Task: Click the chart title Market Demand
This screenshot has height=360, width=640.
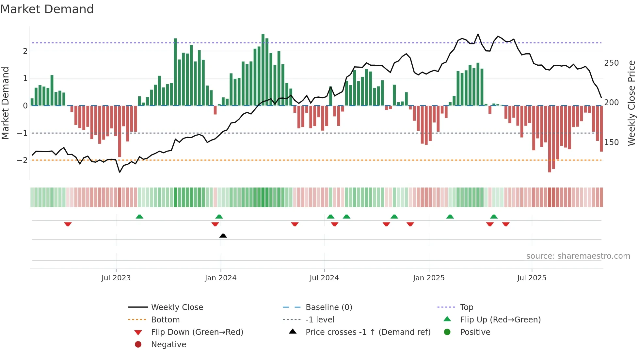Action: (x=47, y=9)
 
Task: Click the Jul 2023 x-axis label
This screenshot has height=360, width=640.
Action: (x=116, y=278)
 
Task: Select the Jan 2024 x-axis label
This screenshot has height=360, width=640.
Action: (x=220, y=278)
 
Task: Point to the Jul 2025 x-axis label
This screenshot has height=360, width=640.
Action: (x=532, y=278)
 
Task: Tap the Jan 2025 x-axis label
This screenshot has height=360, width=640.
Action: (x=429, y=278)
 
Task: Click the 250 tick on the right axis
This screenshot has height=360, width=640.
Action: (x=611, y=63)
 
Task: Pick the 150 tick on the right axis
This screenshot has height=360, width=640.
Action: (x=611, y=142)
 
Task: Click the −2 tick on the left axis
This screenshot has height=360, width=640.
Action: (x=22, y=160)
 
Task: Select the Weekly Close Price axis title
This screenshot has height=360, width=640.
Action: (x=632, y=103)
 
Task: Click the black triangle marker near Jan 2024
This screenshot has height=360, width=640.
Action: (x=223, y=236)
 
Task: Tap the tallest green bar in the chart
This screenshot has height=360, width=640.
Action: (x=263, y=65)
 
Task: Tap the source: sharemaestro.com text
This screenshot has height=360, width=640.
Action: (x=578, y=256)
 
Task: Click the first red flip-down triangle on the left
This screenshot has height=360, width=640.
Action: (x=68, y=224)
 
